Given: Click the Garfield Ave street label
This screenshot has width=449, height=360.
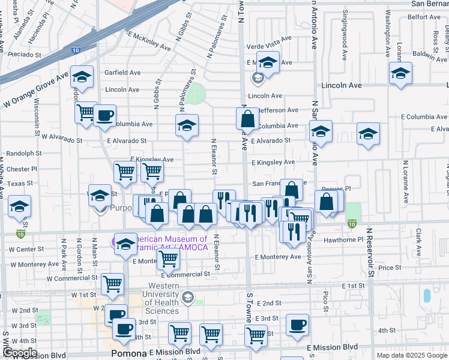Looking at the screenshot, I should click(122, 73).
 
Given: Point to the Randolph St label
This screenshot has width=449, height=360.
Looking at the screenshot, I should click(20, 152).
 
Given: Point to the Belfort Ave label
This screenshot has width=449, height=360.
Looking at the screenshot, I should click(425, 17).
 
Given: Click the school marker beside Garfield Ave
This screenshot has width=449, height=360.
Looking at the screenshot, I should click(82, 77).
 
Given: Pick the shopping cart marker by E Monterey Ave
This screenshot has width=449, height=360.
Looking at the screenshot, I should click(168, 260).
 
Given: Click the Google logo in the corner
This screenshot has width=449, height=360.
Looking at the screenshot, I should click(20, 353).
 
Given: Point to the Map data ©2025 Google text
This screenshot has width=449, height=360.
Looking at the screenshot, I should click(412, 355).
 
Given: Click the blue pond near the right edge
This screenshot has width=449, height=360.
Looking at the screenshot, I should click(427, 295).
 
